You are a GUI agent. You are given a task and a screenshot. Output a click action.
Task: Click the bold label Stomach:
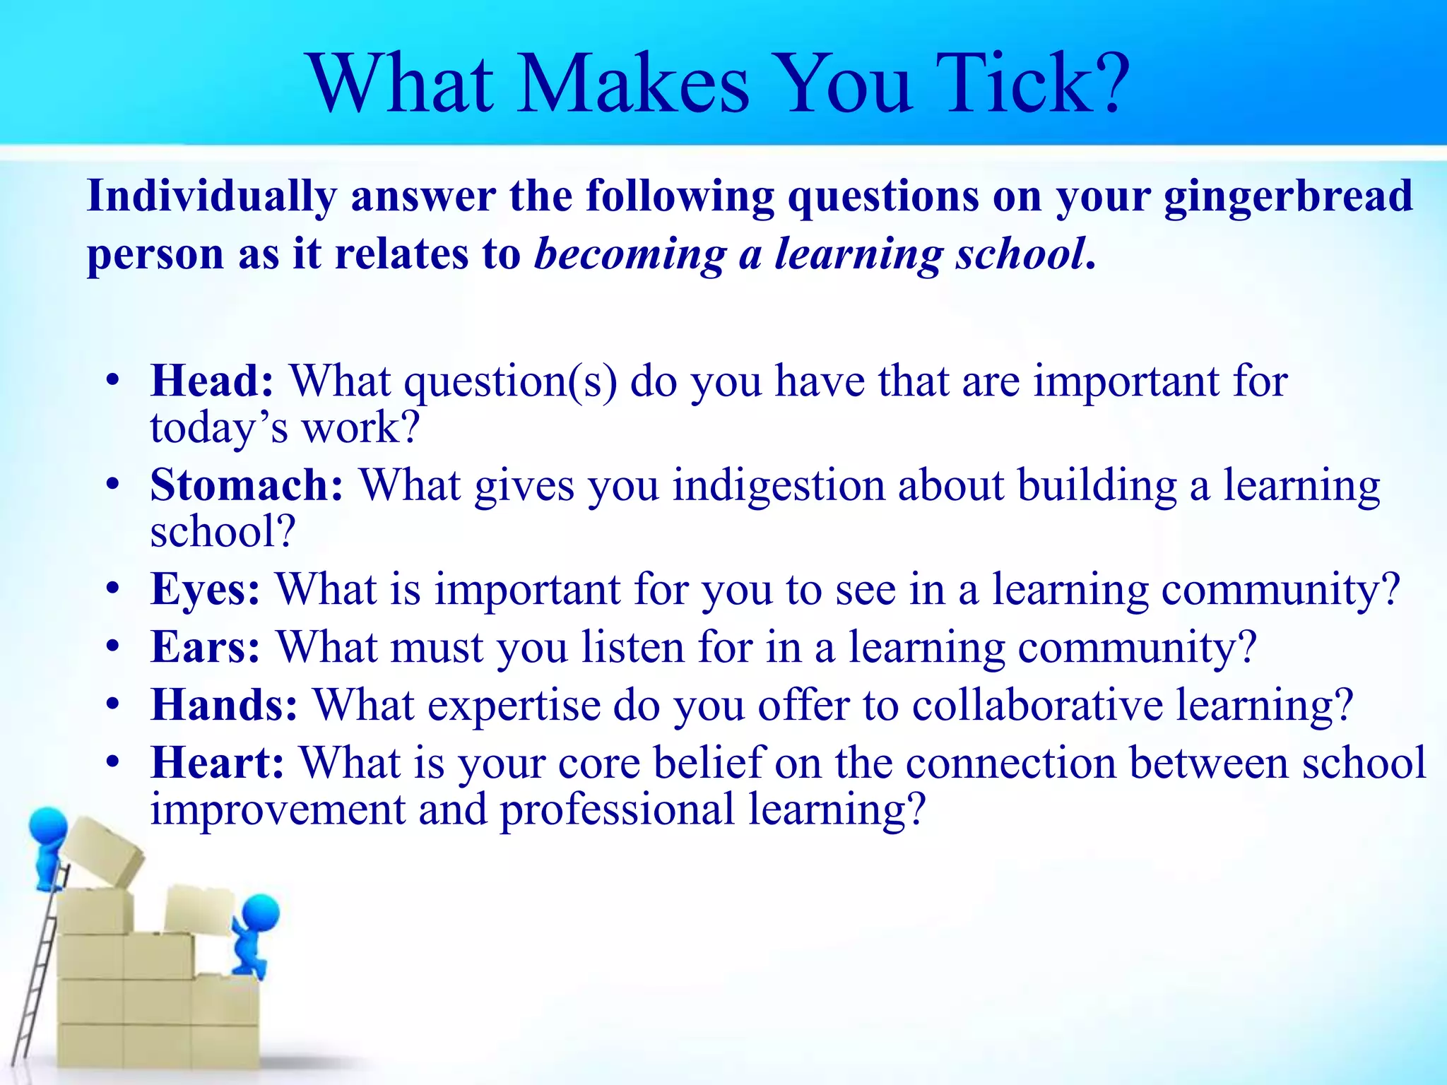tap(247, 485)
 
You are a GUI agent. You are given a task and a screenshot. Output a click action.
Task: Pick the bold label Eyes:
tap(206, 589)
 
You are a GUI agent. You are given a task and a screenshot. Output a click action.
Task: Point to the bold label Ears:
tap(206, 647)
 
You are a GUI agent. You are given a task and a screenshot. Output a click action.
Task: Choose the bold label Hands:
tap(224, 705)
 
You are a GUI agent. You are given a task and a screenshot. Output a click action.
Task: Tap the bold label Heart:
tap(218, 763)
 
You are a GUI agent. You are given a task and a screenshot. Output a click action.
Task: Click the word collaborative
tap(1036, 705)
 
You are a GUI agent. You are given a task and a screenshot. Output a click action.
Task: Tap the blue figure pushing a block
tap(254, 932)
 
